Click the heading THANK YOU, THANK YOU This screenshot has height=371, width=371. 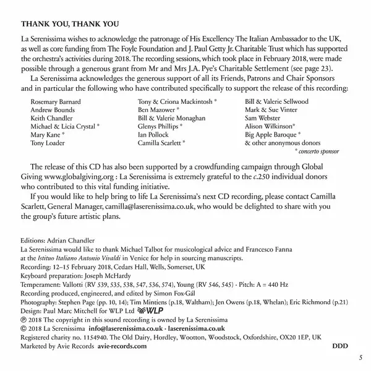[x=69, y=24]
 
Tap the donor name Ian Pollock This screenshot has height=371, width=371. [x=155, y=134]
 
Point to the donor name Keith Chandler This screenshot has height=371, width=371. [x=53, y=116]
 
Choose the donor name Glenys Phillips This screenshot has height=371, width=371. [x=161, y=125]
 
